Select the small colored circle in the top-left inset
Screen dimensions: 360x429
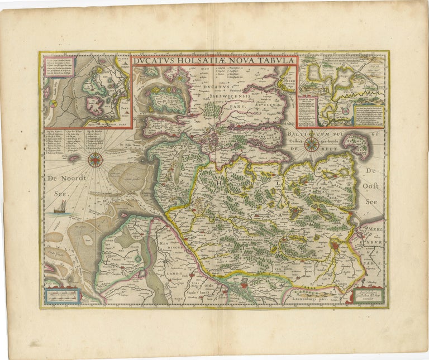[53, 103]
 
